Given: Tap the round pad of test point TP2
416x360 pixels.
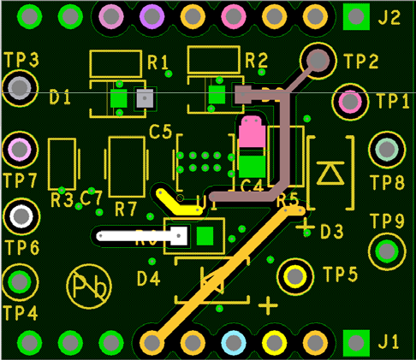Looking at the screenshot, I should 318,60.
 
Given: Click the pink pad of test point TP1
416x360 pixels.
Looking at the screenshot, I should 350,102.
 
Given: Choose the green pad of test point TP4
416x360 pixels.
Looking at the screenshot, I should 19,280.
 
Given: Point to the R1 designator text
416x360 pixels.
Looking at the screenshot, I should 158,62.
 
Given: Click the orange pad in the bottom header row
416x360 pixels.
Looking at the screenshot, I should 152,342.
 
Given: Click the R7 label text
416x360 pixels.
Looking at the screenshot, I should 126,208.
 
